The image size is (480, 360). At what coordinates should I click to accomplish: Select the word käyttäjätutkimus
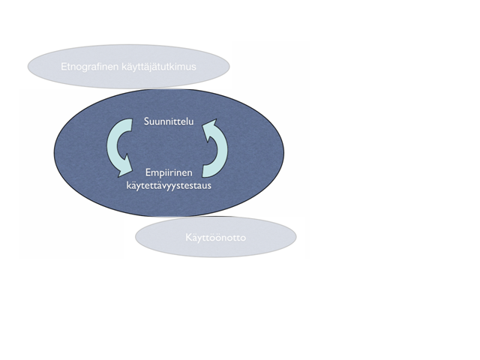[159, 67]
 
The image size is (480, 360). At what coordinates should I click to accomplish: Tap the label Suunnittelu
[169, 121]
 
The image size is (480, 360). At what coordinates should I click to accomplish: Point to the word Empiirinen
[169, 172]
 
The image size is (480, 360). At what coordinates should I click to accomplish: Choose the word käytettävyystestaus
[169, 185]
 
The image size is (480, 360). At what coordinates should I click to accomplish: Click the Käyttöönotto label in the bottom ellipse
[216, 238]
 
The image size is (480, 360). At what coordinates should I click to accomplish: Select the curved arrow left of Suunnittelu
[118, 148]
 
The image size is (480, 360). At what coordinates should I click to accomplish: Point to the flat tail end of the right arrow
[202, 172]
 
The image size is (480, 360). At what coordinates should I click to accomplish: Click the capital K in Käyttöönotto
[188, 238]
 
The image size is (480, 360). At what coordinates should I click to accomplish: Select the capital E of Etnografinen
[64, 67]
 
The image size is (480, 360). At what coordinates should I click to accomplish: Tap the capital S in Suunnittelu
[147, 121]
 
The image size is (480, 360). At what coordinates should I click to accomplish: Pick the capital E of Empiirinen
[148, 172]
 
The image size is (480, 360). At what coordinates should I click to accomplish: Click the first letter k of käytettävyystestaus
[128, 185]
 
